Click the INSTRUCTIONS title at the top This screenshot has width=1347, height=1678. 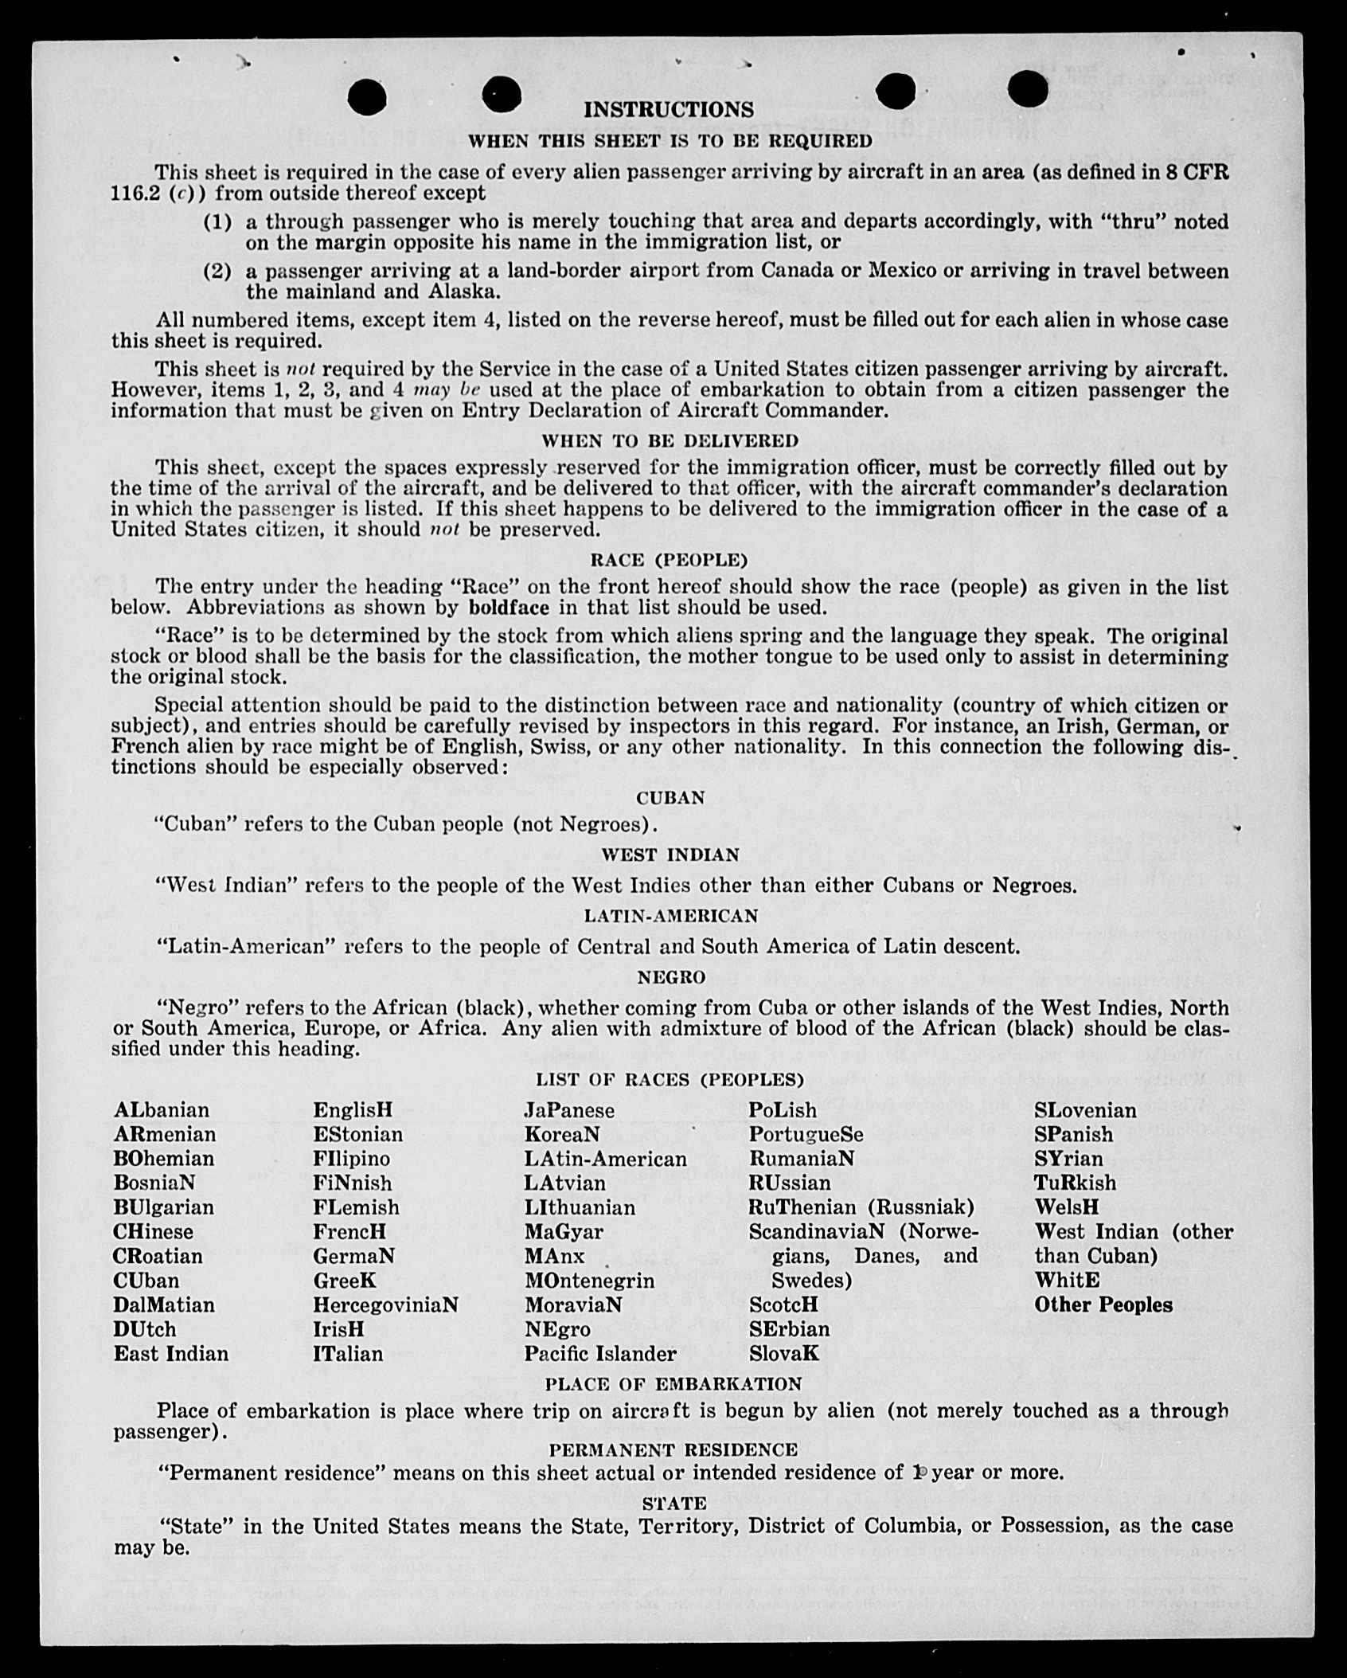pos(669,110)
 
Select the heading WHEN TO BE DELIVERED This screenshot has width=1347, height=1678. pos(670,440)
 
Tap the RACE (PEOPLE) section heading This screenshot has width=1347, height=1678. pos(669,560)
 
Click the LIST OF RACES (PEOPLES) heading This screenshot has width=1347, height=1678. pos(670,1080)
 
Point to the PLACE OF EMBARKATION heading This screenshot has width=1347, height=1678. pos(673,1384)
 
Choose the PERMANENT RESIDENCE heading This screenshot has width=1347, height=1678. pos(673,1449)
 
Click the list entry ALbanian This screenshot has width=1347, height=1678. pos(161,1110)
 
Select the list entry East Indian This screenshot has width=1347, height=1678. pos(170,1354)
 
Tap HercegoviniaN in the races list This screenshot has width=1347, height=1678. pos(385,1305)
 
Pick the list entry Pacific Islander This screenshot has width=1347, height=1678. pos(600,1354)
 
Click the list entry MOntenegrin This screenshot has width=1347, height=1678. pos(589,1281)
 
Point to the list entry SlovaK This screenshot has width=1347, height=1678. pos(783,1354)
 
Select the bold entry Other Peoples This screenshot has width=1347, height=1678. pos(1103,1305)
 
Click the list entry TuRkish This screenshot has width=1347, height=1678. pos(1075,1183)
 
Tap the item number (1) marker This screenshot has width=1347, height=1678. pos(218,222)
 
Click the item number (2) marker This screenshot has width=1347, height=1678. pos(218,272)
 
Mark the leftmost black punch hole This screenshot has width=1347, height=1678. pos(367,98)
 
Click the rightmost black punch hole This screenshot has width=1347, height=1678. pos(1028,88)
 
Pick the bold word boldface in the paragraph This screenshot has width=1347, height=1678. pos(509,608)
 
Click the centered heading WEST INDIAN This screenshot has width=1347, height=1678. pos(670,855)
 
